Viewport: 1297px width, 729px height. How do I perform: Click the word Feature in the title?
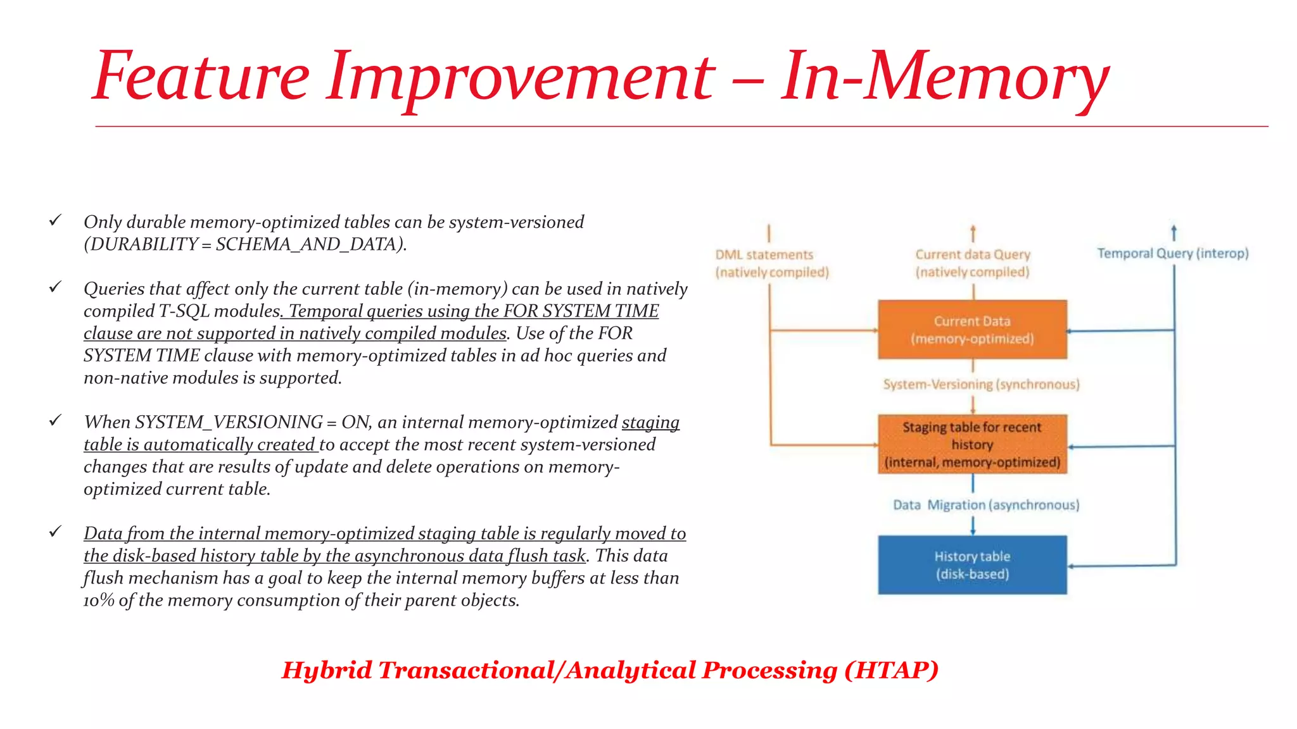point(201,77)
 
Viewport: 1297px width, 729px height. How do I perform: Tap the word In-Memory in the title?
point(944,77)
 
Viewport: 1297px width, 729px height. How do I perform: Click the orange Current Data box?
point(972,330)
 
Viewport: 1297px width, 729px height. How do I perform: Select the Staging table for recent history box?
point(972,444)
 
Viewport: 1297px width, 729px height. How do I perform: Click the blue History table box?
point(972,565)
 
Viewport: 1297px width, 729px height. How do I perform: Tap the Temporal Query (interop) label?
point(1172,254)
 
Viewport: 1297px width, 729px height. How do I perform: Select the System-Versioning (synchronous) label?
point(981,385)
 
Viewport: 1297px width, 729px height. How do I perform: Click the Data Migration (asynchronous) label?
point(986,505)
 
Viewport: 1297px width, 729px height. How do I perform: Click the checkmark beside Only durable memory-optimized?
point(56,220)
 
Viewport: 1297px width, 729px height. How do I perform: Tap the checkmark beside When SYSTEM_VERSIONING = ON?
point(56,420)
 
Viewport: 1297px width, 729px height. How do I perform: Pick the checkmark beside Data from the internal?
point(56,532)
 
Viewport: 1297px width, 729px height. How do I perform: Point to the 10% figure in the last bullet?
point(99,601)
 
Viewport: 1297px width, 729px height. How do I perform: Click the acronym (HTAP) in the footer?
point(891,670)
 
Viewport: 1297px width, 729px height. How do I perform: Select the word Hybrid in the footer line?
point(327,670)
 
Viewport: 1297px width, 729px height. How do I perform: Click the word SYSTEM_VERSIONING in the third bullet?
point(229,422)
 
